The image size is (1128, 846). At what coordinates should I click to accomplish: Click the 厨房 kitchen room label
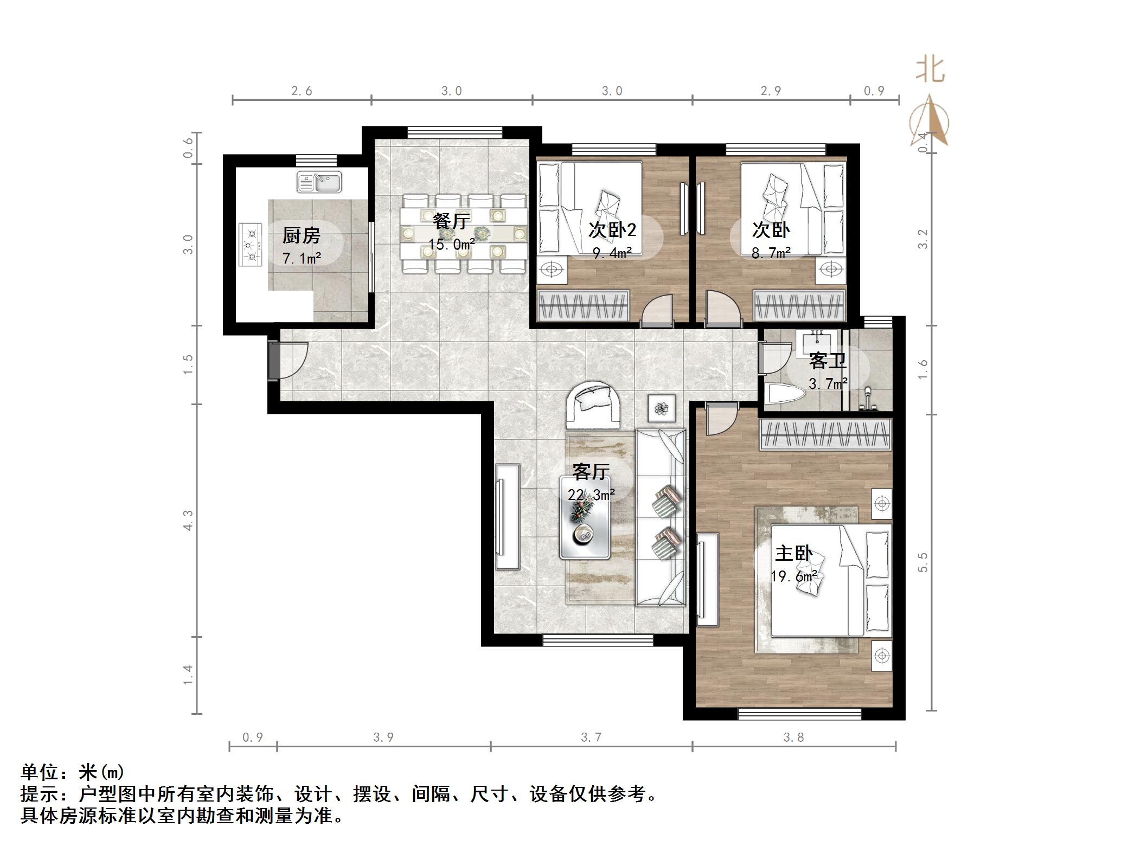(x=301, y=236)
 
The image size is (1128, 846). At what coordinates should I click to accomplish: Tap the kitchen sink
(x=319, y=182)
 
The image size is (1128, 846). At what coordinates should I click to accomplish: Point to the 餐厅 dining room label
(x=451, y=221)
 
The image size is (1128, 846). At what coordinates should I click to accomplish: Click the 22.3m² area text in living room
(x=591, y=495)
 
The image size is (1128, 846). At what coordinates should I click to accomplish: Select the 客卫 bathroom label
(x=827, y=361)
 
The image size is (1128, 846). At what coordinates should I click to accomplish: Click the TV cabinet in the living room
(x=507, y=516)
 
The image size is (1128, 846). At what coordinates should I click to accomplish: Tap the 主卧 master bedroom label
(x=793, y=554)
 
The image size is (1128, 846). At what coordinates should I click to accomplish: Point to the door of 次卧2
(x=657, y=312)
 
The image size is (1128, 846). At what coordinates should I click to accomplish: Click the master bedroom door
(x=720, y=418)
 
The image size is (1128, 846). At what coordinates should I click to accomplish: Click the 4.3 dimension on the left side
(x=188, y=520)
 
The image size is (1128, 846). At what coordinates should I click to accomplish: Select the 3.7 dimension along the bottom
(x=591, y=738)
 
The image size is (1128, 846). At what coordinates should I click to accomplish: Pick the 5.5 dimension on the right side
(x=923, y=562)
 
